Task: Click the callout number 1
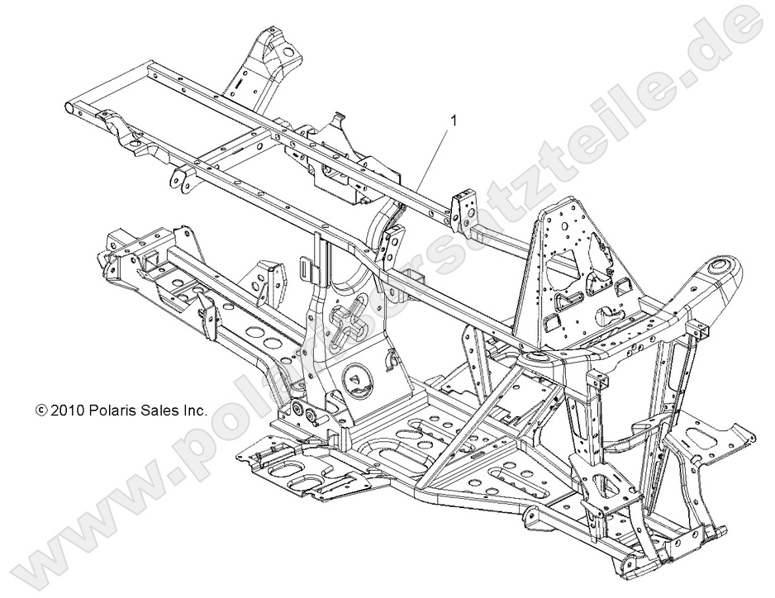452,120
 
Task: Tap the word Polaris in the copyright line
112,410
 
